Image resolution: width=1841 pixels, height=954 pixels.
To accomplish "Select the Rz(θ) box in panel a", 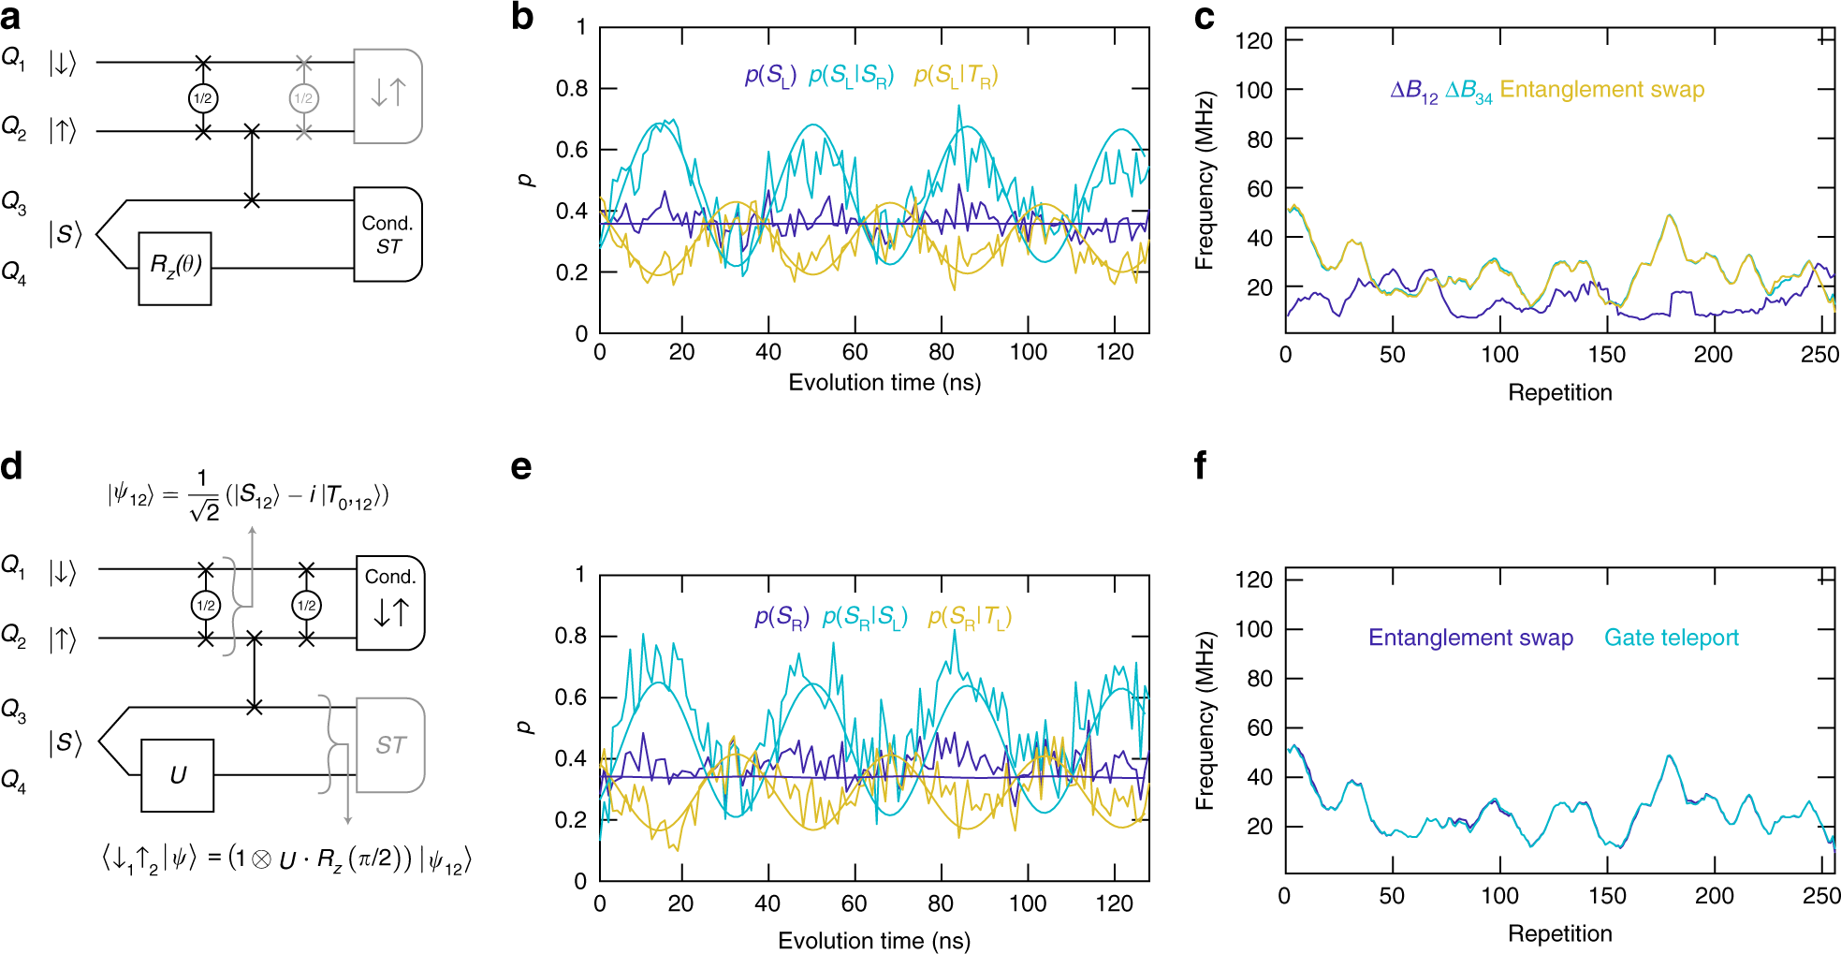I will [175, 268].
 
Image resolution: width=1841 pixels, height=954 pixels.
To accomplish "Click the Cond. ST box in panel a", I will [387, 234].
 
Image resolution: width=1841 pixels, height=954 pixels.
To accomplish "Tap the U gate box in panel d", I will [178, 775].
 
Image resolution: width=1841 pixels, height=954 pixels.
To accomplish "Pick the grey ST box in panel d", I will [390, 745].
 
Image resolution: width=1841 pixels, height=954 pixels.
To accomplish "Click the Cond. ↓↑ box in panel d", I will [390, 602].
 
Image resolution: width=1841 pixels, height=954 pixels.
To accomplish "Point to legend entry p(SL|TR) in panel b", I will [956, 76].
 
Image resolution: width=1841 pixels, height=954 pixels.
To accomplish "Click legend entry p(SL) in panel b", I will [769, 76].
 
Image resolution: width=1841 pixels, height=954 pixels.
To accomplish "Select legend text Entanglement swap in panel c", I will [1601, 90].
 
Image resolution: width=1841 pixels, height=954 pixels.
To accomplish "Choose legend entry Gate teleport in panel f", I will [1671, 638].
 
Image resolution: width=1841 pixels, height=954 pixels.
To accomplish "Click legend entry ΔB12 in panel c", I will [1413, 91].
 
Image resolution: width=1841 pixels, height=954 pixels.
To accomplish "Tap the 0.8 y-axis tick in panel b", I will [572, 89].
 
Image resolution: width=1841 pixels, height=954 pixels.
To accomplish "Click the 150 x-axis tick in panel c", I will [1606, 355].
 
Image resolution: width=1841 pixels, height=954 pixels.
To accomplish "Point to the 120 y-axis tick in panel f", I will [1253, 580].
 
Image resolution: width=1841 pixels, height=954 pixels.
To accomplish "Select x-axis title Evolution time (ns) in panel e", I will [873, 940].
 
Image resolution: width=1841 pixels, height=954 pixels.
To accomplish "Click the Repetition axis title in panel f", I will [1559, 933].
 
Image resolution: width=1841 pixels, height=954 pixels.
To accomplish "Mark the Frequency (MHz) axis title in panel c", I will [1205, 181].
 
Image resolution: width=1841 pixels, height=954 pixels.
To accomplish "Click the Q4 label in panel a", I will [14, 272].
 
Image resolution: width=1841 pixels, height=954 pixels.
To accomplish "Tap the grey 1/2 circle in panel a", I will [303, 98].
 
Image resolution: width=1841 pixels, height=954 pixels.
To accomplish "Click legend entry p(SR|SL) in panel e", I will [865, 618].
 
